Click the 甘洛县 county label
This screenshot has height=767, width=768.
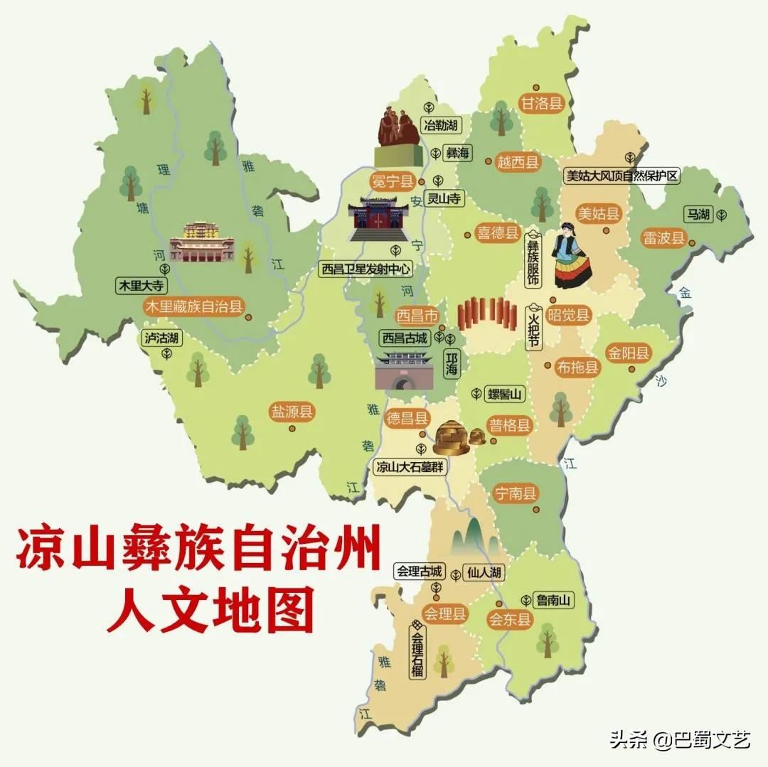click(542, 103)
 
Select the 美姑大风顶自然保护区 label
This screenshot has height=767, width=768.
click(622, 176)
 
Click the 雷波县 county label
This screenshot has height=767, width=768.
click(662, 237)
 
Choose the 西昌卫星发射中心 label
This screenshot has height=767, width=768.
click(366, 269)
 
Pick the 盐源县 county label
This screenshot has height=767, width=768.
click(292, 412)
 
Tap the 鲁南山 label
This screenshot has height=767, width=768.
click(555, 601)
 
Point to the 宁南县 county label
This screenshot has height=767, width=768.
click(516, 493)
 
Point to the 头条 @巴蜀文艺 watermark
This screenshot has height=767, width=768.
click(679, 740)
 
